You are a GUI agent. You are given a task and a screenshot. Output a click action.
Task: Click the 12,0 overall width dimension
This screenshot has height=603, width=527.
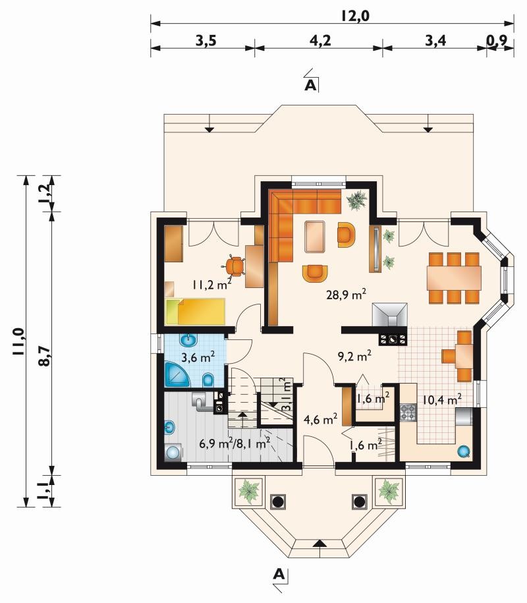355,16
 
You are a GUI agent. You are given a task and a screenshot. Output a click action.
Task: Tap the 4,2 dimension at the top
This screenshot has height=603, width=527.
320,40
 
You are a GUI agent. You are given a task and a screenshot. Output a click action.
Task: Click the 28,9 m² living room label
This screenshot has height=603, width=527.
346,294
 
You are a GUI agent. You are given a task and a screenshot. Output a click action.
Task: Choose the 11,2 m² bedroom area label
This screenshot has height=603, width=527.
212,284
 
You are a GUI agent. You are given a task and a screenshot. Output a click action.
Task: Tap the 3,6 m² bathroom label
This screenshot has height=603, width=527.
198,357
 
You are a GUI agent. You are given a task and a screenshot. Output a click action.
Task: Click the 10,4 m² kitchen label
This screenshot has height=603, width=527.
442,399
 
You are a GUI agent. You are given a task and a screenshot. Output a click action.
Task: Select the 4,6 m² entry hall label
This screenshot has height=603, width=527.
320,418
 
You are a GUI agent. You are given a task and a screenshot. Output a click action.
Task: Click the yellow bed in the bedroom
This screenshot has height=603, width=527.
195,312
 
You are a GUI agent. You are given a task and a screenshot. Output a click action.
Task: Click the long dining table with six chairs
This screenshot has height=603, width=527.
454,278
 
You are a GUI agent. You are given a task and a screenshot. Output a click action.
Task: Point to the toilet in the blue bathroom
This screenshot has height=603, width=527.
208,380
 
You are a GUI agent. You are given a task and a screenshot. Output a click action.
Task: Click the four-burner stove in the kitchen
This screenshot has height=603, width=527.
408,413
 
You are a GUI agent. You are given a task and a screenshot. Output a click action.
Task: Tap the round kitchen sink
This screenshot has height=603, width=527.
464,451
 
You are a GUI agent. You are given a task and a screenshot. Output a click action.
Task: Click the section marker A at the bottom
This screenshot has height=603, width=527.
279,575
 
